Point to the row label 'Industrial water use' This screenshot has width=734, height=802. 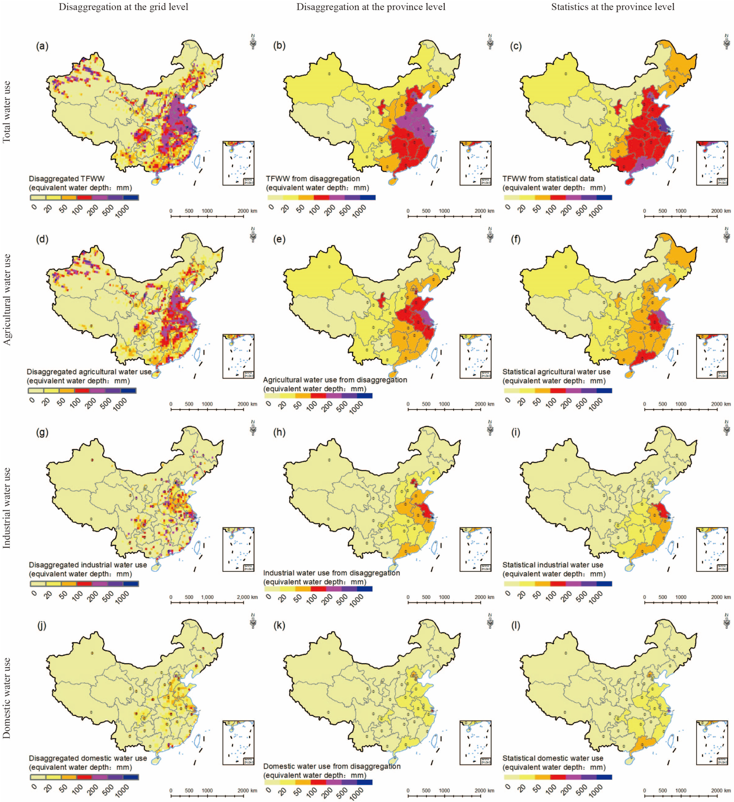pyautogui.click(x=7, y=508)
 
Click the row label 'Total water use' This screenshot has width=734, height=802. pyautogui.click(x=7, y=112)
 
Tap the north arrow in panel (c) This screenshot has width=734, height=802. pyautogui.click(x=727, y=41)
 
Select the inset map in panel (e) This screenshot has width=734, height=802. pyautogui.click(x=475, y=356)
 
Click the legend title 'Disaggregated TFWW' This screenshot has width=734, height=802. pyautogui.click(x=66, y=179)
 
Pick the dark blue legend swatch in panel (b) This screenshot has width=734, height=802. pyautogui.click(x=368, y=197)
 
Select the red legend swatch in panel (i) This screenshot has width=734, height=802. pyautogui.click(x=558, y=584)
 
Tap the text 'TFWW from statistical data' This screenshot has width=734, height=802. pyautogui.click(x=549, y=179)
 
